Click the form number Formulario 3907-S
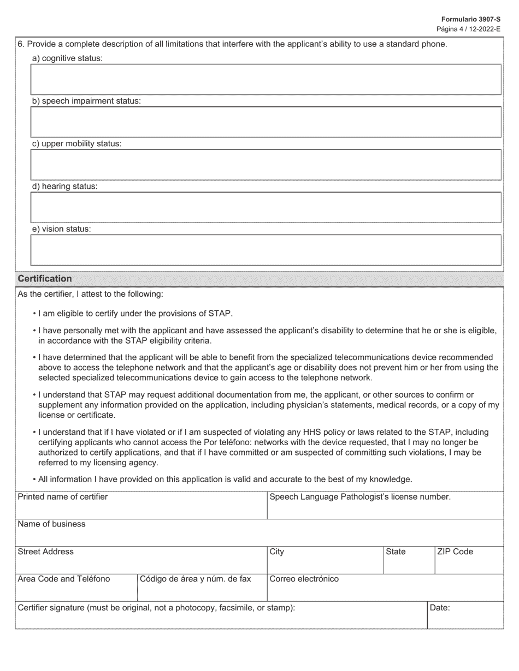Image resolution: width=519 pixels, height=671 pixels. click(x=478, y=19)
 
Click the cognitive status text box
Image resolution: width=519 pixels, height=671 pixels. click(x=266, y=80)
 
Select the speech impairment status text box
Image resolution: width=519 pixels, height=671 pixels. click(x=266, y=122)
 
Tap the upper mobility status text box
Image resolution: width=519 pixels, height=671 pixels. click(x=266, y=165)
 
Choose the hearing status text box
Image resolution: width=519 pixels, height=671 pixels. click(x=266, y=207)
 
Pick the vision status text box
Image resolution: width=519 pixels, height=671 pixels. click(x=266, y=250)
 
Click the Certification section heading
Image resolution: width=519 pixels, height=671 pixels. click(x=45, y=279)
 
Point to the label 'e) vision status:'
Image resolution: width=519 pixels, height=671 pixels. click(x=61, y=229)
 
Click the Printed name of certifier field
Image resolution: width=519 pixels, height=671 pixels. click(x=140, y=509)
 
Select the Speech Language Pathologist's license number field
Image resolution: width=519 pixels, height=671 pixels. click(x=385, y=509)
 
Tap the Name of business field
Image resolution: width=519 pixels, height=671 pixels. click(x=259, y=536)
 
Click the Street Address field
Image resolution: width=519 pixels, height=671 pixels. click(x=140, y=564)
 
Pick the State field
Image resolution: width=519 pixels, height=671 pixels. click(x=409, y=564)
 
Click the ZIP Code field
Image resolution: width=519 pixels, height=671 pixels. click(x=469, y=564)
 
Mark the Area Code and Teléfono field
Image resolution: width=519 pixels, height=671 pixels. click(x=75, y=591)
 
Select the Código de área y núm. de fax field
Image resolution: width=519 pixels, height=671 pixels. click(x=202, y=591)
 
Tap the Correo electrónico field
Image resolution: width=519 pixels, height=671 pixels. click(x=385, y=591)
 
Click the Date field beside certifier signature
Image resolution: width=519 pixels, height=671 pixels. click(x=465, y=619)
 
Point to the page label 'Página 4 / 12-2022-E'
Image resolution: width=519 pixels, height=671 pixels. click(x=468, y=29)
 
